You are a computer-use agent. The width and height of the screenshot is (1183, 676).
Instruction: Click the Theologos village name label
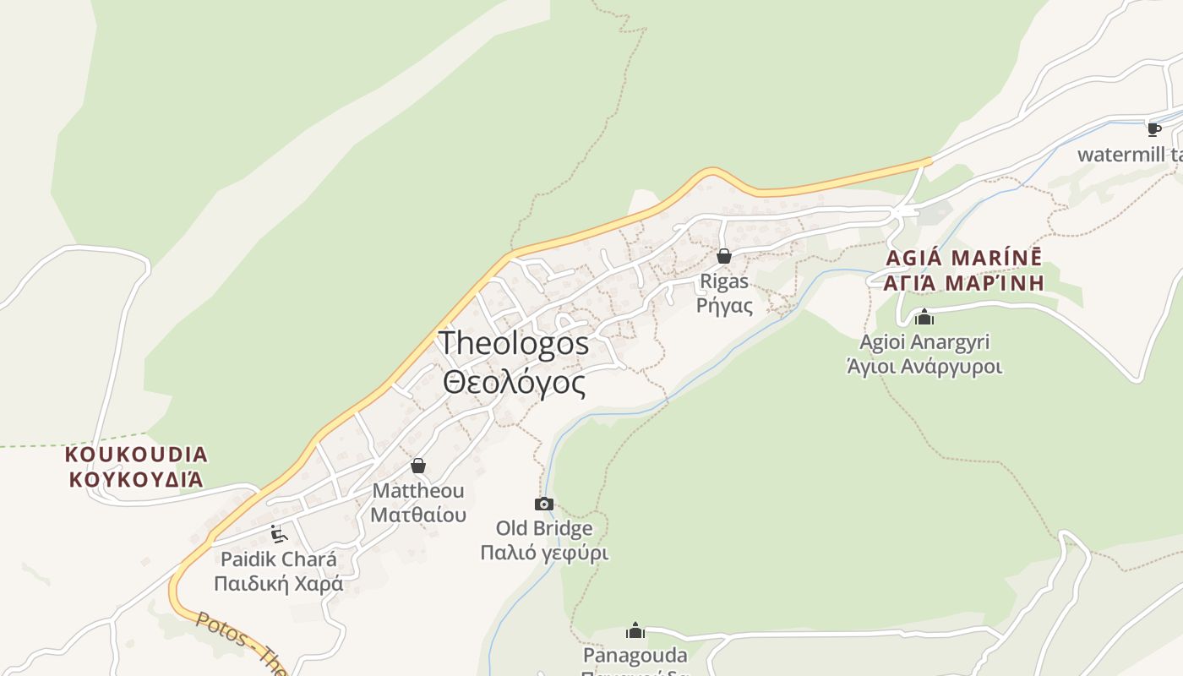click(514, 343)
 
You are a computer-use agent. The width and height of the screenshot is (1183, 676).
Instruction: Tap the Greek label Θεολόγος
click(514, 383)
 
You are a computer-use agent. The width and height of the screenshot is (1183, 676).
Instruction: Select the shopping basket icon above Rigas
click(724, 255)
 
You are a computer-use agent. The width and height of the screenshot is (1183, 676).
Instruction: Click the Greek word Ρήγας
click(724, 304)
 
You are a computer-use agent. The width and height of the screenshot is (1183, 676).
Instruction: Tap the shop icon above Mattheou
click(418, 466)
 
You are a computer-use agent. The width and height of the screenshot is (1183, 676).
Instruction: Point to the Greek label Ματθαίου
click(418, 515)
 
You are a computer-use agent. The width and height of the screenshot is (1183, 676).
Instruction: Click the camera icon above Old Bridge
click(544, 504)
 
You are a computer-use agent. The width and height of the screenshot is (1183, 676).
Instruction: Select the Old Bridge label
click(544, 529)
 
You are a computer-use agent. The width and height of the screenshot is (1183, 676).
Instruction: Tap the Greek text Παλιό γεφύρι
click(544, 553)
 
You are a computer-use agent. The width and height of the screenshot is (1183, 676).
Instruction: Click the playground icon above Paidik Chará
click(278, 534)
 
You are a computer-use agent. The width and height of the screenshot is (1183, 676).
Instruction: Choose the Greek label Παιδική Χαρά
click(278, 584)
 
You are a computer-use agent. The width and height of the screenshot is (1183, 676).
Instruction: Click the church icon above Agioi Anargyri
click(924, 317)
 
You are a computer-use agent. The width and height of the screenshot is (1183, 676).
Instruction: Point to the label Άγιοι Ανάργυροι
click(924, 367)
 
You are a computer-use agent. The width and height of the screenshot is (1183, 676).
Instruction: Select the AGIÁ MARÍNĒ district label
click(963, 258)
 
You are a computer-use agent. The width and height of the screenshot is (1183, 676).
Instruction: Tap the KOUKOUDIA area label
click(136, 455)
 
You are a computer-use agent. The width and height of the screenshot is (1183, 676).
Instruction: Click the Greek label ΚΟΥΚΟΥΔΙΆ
click(136, 479)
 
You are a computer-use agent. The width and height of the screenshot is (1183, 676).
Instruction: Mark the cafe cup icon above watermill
click(1153, 129)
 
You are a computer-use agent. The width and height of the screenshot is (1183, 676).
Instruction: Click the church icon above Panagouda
click(635, 630)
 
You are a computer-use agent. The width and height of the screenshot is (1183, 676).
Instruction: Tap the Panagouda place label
click(635, 656)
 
